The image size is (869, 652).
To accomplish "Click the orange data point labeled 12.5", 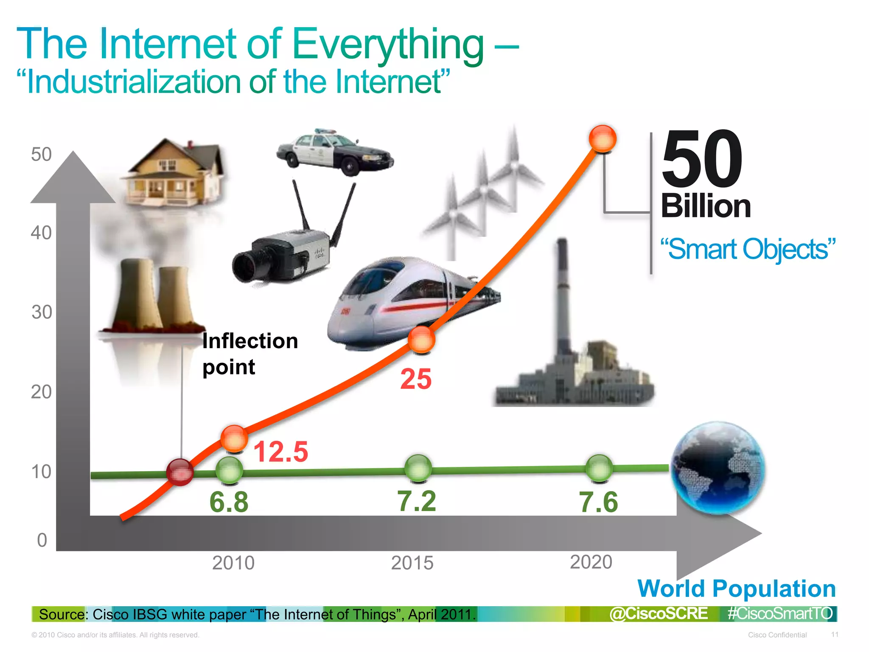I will click(234, 438).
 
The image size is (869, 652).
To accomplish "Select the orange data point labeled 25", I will click(421, 339).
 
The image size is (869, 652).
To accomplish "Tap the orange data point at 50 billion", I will click(603, 138).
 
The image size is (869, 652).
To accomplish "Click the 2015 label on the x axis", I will click(412, 563).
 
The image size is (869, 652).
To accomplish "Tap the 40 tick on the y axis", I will click(41, 233).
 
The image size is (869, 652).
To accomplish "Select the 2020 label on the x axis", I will click(591, 562).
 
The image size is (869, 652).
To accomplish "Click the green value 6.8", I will click(229, 502).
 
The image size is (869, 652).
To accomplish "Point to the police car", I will click(334, 152).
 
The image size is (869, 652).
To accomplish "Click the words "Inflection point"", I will click(249, 353).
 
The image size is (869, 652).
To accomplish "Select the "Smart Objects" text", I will click(748, 249).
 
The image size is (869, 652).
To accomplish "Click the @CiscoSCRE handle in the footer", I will click(659, 614).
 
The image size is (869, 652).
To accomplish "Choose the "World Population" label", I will click(737, 589).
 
